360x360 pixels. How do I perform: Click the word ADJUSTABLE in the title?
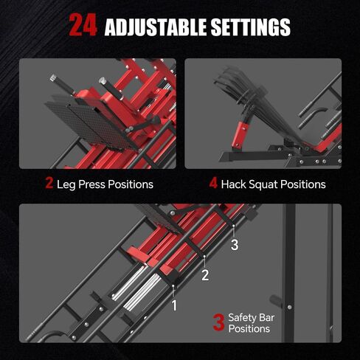(156, 28)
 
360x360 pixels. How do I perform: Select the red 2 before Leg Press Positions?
(49, 183)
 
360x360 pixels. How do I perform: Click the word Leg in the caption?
(66, 184)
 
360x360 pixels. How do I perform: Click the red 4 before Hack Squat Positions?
(213, 183)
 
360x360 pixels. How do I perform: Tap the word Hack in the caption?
(235, 184)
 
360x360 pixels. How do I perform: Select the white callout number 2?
(206, 275)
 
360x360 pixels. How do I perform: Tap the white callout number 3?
(235, 245)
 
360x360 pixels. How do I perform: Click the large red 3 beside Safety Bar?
(218, 322)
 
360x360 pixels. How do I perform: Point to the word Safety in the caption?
(243, 317)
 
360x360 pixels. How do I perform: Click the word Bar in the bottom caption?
(267, 317)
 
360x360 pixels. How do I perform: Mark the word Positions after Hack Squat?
(304, 184)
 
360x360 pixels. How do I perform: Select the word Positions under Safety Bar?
(249, 329)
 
